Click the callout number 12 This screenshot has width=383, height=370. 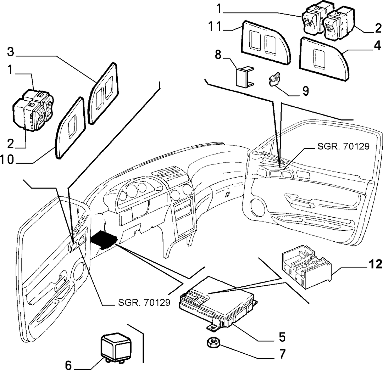[x=375, y=264]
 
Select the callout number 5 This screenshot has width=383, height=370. [x=282, y=337]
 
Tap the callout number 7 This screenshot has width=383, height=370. [x=282, y=354]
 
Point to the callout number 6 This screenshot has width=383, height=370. [x=68, y=365]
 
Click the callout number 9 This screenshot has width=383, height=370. [x=305, y=91]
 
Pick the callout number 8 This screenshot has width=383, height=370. [x=218, y=55]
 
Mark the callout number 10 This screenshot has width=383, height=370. [x=7, y=160]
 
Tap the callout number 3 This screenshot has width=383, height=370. [x=11, y=52]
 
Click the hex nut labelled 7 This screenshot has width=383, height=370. [x=212, y=344]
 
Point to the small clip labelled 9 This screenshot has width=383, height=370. [x=274, y=79]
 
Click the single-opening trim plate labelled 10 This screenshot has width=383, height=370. [x=70, y=127]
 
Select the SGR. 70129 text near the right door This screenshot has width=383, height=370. [x=343, y=146]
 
